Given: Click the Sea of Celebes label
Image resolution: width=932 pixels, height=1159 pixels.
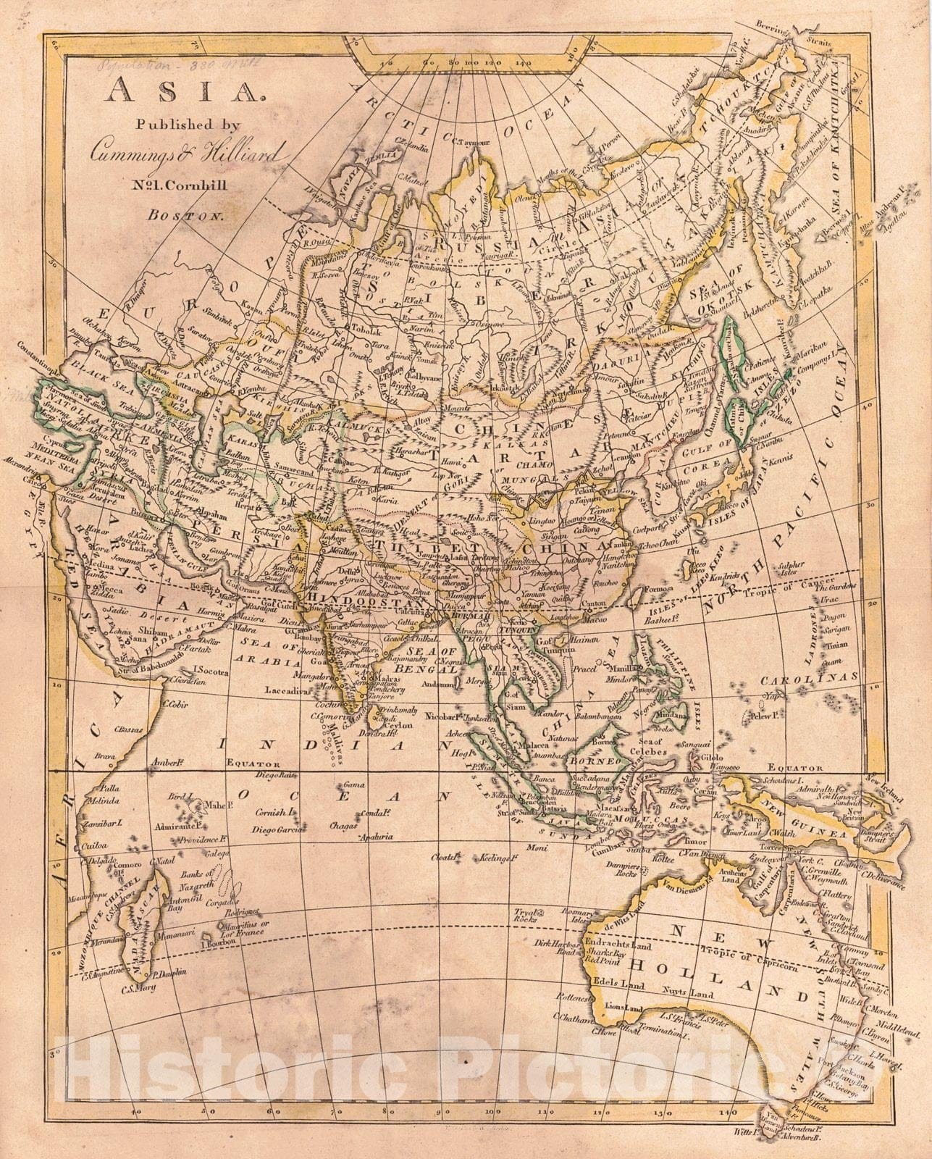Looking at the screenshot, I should [652, 752].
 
